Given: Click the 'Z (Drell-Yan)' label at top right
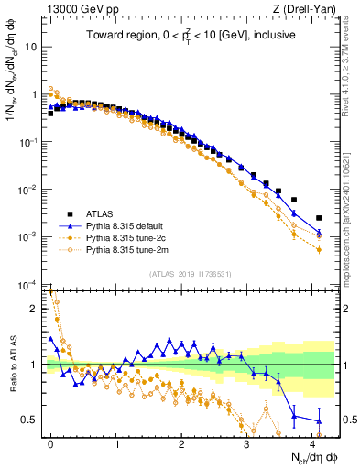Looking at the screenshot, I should (307, 9).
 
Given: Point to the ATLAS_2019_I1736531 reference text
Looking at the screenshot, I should (190, 274).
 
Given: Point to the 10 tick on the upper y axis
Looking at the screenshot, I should (32, 46).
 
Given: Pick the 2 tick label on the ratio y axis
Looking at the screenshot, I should (33, 309).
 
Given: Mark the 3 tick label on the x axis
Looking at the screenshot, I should (247, 442).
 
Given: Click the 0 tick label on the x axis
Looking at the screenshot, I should (50, 442).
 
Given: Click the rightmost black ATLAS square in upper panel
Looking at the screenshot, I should (319, 218).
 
